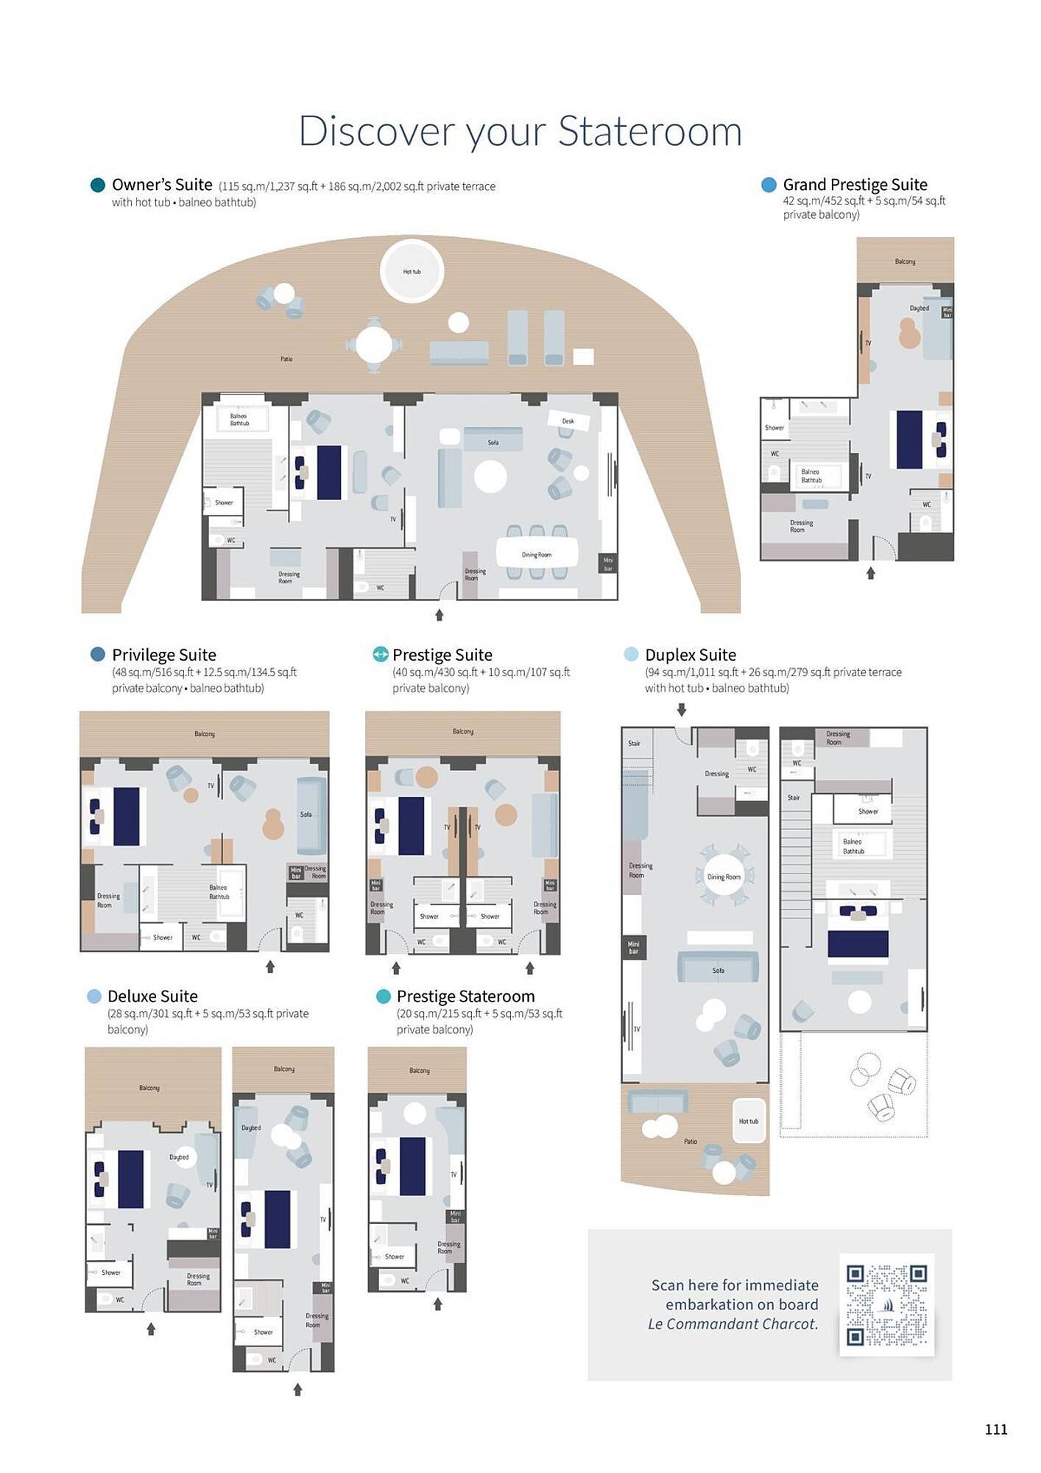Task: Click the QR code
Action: [x=886, y=1304]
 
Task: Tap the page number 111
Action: [x=995, y=1429]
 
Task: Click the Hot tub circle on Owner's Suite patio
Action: [x=412, y=271]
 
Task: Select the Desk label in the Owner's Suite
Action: [x=568, y=421]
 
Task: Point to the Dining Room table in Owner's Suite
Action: [x=537, y=554]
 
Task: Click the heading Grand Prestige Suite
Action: [x=855, y=184]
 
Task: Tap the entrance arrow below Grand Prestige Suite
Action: [x=870, y=573]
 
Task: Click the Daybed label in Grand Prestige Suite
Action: [x=919, y=308]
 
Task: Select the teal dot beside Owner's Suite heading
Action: [x=97, y=185]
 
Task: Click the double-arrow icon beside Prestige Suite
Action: [x=380, y=654]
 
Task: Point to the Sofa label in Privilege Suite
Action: [x=306, y=814]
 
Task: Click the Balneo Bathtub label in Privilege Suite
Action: [x=219, y=892]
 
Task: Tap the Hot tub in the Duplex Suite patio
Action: [x=749, y=1121]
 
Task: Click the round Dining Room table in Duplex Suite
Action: [x=724, y=876]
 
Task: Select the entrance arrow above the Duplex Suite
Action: [x=682, y=709]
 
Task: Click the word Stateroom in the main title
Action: [x=649, y=131]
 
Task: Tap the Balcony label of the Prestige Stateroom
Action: [x=419, y=1070]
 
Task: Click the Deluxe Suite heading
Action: [x=152, y=996]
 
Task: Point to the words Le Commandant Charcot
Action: [x=733, y=1323]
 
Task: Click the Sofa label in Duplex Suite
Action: [x=718, y=970]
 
